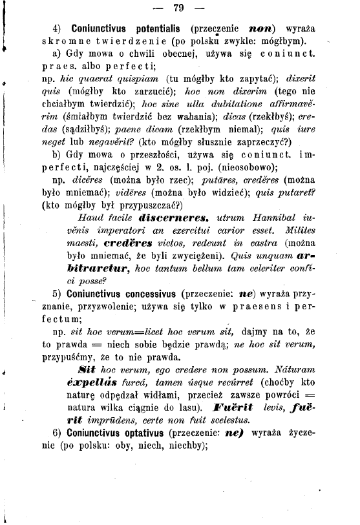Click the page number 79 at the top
point(179,8)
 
